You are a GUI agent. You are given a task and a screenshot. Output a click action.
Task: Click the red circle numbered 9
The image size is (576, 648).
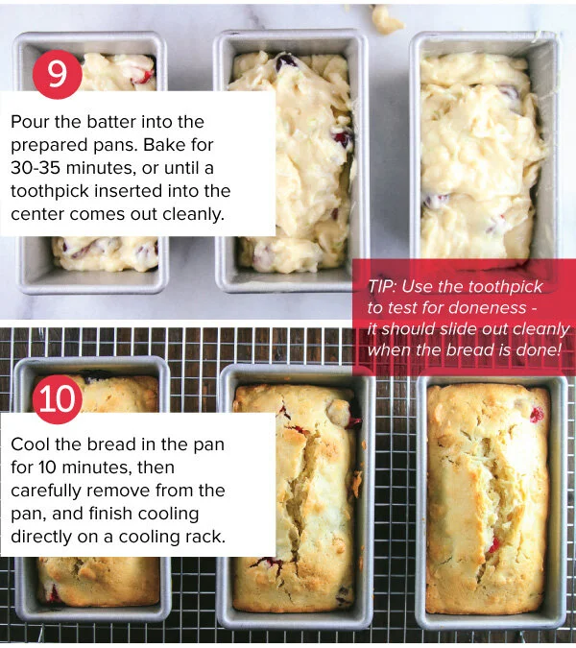[57, 74]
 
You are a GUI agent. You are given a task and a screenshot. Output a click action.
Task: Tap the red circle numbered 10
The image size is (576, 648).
[57, 399]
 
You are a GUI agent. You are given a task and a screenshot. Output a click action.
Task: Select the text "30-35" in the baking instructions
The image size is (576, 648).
[36, 168]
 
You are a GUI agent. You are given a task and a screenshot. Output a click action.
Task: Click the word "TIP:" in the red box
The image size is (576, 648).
[382, 286]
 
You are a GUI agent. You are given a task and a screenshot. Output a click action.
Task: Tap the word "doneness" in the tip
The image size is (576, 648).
[487, 307]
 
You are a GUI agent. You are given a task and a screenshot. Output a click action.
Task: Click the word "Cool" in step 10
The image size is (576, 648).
[30, 444]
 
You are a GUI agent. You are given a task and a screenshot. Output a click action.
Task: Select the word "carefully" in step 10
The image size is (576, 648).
[46, 492]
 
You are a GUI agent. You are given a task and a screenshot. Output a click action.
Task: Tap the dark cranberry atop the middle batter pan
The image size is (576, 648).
[286, 62]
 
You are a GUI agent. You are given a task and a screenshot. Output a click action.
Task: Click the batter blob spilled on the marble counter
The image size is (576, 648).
[385, 18]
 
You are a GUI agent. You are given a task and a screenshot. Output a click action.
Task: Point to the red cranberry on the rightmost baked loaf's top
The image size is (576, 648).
[537, 414]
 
